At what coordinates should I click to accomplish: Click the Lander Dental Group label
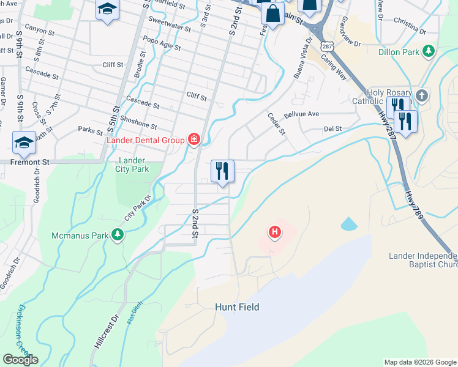click(146, 140)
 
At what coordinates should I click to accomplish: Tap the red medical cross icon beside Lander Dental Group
click(194, 140)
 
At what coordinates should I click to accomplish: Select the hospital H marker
click(275, 232)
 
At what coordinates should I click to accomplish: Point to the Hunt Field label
click(237, 307)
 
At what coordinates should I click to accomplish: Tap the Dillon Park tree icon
click(430, 51)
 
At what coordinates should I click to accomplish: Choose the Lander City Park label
click(132, 165)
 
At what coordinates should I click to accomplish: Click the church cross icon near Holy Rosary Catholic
click(421, 95)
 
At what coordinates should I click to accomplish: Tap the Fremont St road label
click(29, 163)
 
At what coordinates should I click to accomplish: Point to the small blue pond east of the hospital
click(348, 224)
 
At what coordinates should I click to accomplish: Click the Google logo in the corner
click(20, 360)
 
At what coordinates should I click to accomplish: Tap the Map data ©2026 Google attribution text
click(420, 361)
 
